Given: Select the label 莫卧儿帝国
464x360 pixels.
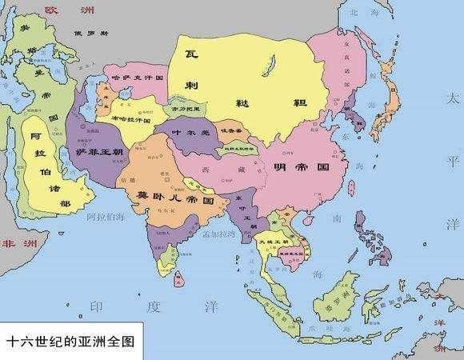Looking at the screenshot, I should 169,195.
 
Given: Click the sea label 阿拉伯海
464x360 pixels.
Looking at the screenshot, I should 107,217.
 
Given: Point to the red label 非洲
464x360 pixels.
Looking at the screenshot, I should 14,243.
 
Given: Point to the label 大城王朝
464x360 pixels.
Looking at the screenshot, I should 270,239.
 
